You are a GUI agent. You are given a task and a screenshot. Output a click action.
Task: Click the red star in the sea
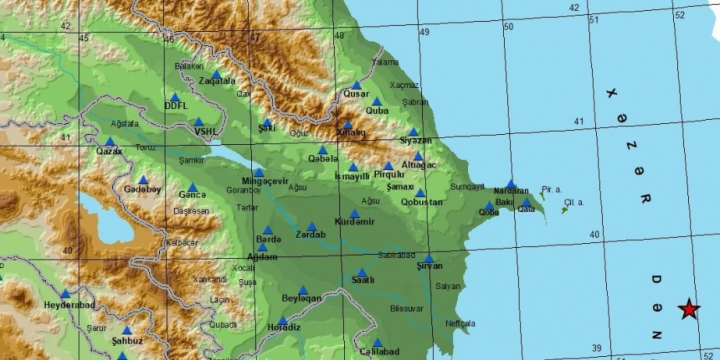(689, 310)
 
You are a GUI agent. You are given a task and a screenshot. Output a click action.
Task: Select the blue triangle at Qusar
(356, 85)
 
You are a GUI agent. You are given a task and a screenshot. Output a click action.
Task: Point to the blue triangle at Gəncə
(192, 186)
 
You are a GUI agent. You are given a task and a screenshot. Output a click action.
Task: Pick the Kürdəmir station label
(354, 222)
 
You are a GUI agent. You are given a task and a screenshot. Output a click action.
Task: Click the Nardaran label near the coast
(511, 192)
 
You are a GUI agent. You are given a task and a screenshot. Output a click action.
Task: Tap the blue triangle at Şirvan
(428, 258)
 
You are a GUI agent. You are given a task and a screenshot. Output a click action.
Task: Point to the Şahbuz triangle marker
(127, 331)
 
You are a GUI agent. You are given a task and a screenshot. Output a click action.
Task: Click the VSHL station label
(206, 130)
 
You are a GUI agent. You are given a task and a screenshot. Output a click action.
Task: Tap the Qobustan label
(420, 201)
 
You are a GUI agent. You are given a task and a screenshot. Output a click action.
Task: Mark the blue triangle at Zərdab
(312, 227)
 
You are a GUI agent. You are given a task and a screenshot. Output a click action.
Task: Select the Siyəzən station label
(415, 141)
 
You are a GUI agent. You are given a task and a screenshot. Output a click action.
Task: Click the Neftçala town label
(461, 324)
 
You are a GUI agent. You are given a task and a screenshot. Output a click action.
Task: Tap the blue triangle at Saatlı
(361, 271)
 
